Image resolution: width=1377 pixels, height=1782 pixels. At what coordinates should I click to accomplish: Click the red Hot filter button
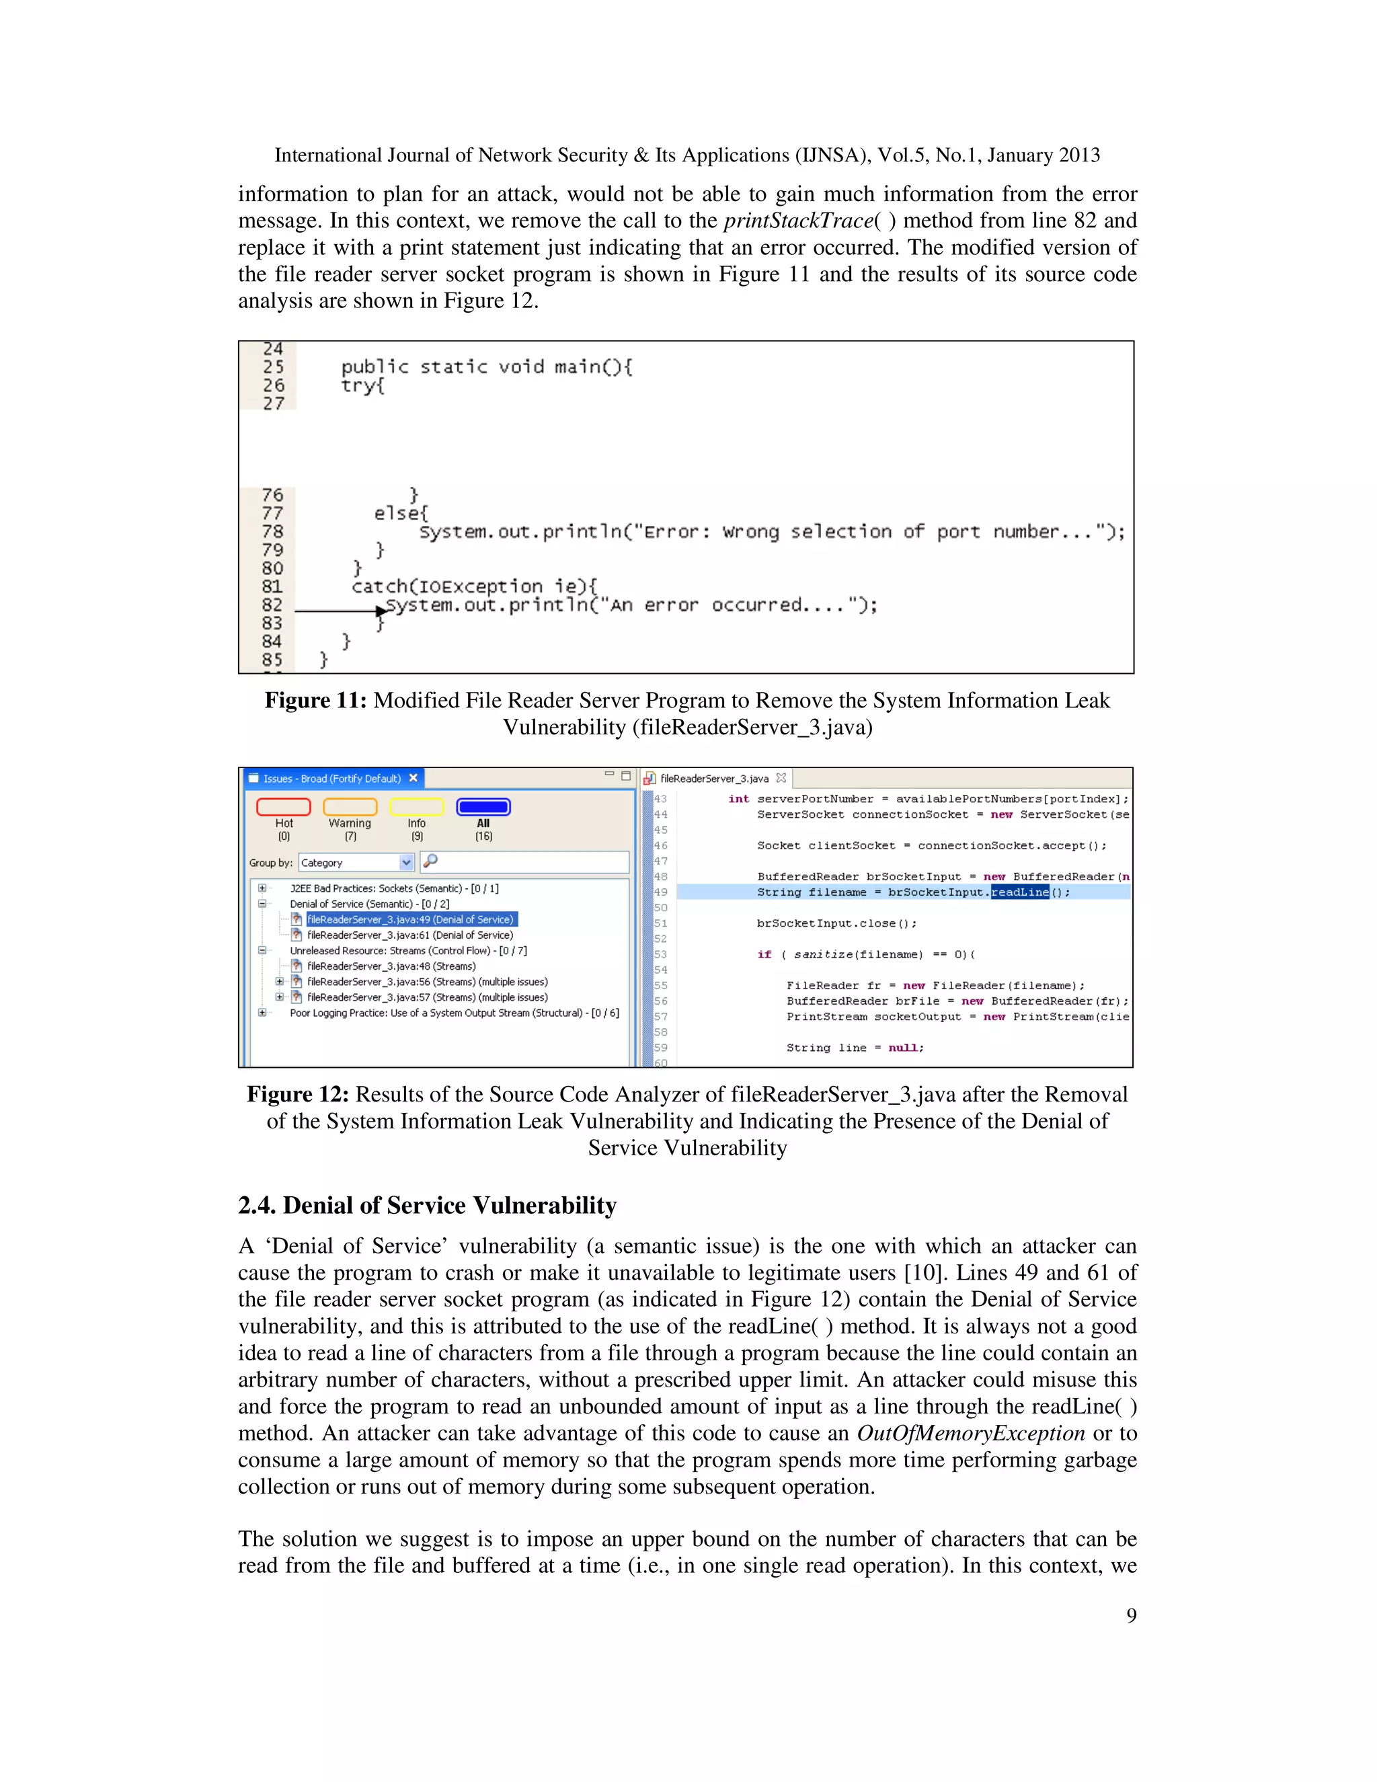coord(283,807)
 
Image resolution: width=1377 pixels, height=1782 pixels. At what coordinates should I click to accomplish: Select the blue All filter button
coord(483,807)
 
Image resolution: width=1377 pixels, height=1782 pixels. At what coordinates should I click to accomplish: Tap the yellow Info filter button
coord(416,807)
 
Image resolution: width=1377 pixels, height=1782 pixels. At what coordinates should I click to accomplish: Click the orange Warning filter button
coord(350,807)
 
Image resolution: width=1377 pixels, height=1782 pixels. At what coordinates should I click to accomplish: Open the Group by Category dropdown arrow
coord(406,863)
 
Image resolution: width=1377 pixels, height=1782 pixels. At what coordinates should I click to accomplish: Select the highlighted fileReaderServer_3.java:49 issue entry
coord(409,919)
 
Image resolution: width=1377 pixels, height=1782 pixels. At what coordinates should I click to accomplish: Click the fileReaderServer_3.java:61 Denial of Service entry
coord(409,935)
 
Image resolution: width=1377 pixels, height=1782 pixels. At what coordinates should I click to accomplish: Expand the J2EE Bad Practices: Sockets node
coord(262,888)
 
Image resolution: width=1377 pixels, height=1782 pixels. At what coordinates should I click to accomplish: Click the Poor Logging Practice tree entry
coord(454,1013)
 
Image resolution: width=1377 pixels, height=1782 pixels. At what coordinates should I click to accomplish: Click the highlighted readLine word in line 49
coord(1020,892)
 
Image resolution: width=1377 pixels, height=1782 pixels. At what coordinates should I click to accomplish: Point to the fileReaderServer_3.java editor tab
coord(714,779)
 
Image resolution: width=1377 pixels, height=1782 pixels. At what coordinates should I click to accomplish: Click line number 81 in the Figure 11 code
coord(272,586)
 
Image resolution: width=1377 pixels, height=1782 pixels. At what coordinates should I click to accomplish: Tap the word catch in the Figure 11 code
coord(379,586)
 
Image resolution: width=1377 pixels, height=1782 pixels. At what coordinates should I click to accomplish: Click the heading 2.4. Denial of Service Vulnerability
coord(427,1205)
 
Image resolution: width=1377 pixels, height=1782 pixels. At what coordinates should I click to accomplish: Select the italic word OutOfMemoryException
coord(970,1433)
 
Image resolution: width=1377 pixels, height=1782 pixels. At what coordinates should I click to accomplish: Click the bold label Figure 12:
coord(298,1094)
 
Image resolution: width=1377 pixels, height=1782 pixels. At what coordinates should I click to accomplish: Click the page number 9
coord(1131,1615)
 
